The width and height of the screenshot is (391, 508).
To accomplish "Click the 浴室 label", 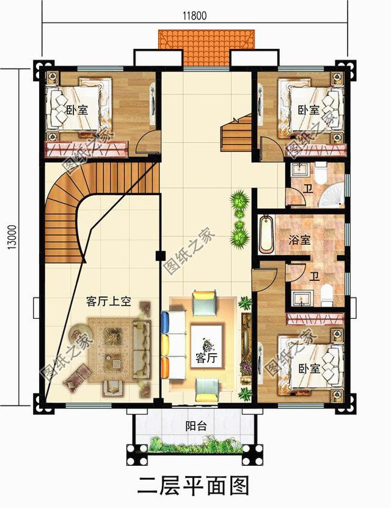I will tap(300, 240).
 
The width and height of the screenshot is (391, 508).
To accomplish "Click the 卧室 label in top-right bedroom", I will tap(309, 110).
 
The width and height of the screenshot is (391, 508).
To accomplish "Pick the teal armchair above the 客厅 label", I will tap(205, 302).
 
